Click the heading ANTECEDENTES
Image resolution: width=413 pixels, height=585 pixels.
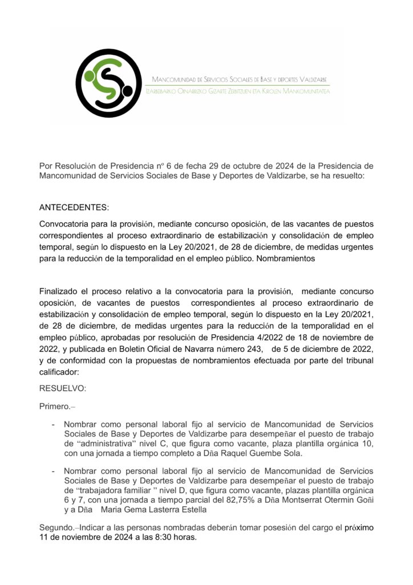point(74,206)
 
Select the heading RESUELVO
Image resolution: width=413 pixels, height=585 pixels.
point(63,388)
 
